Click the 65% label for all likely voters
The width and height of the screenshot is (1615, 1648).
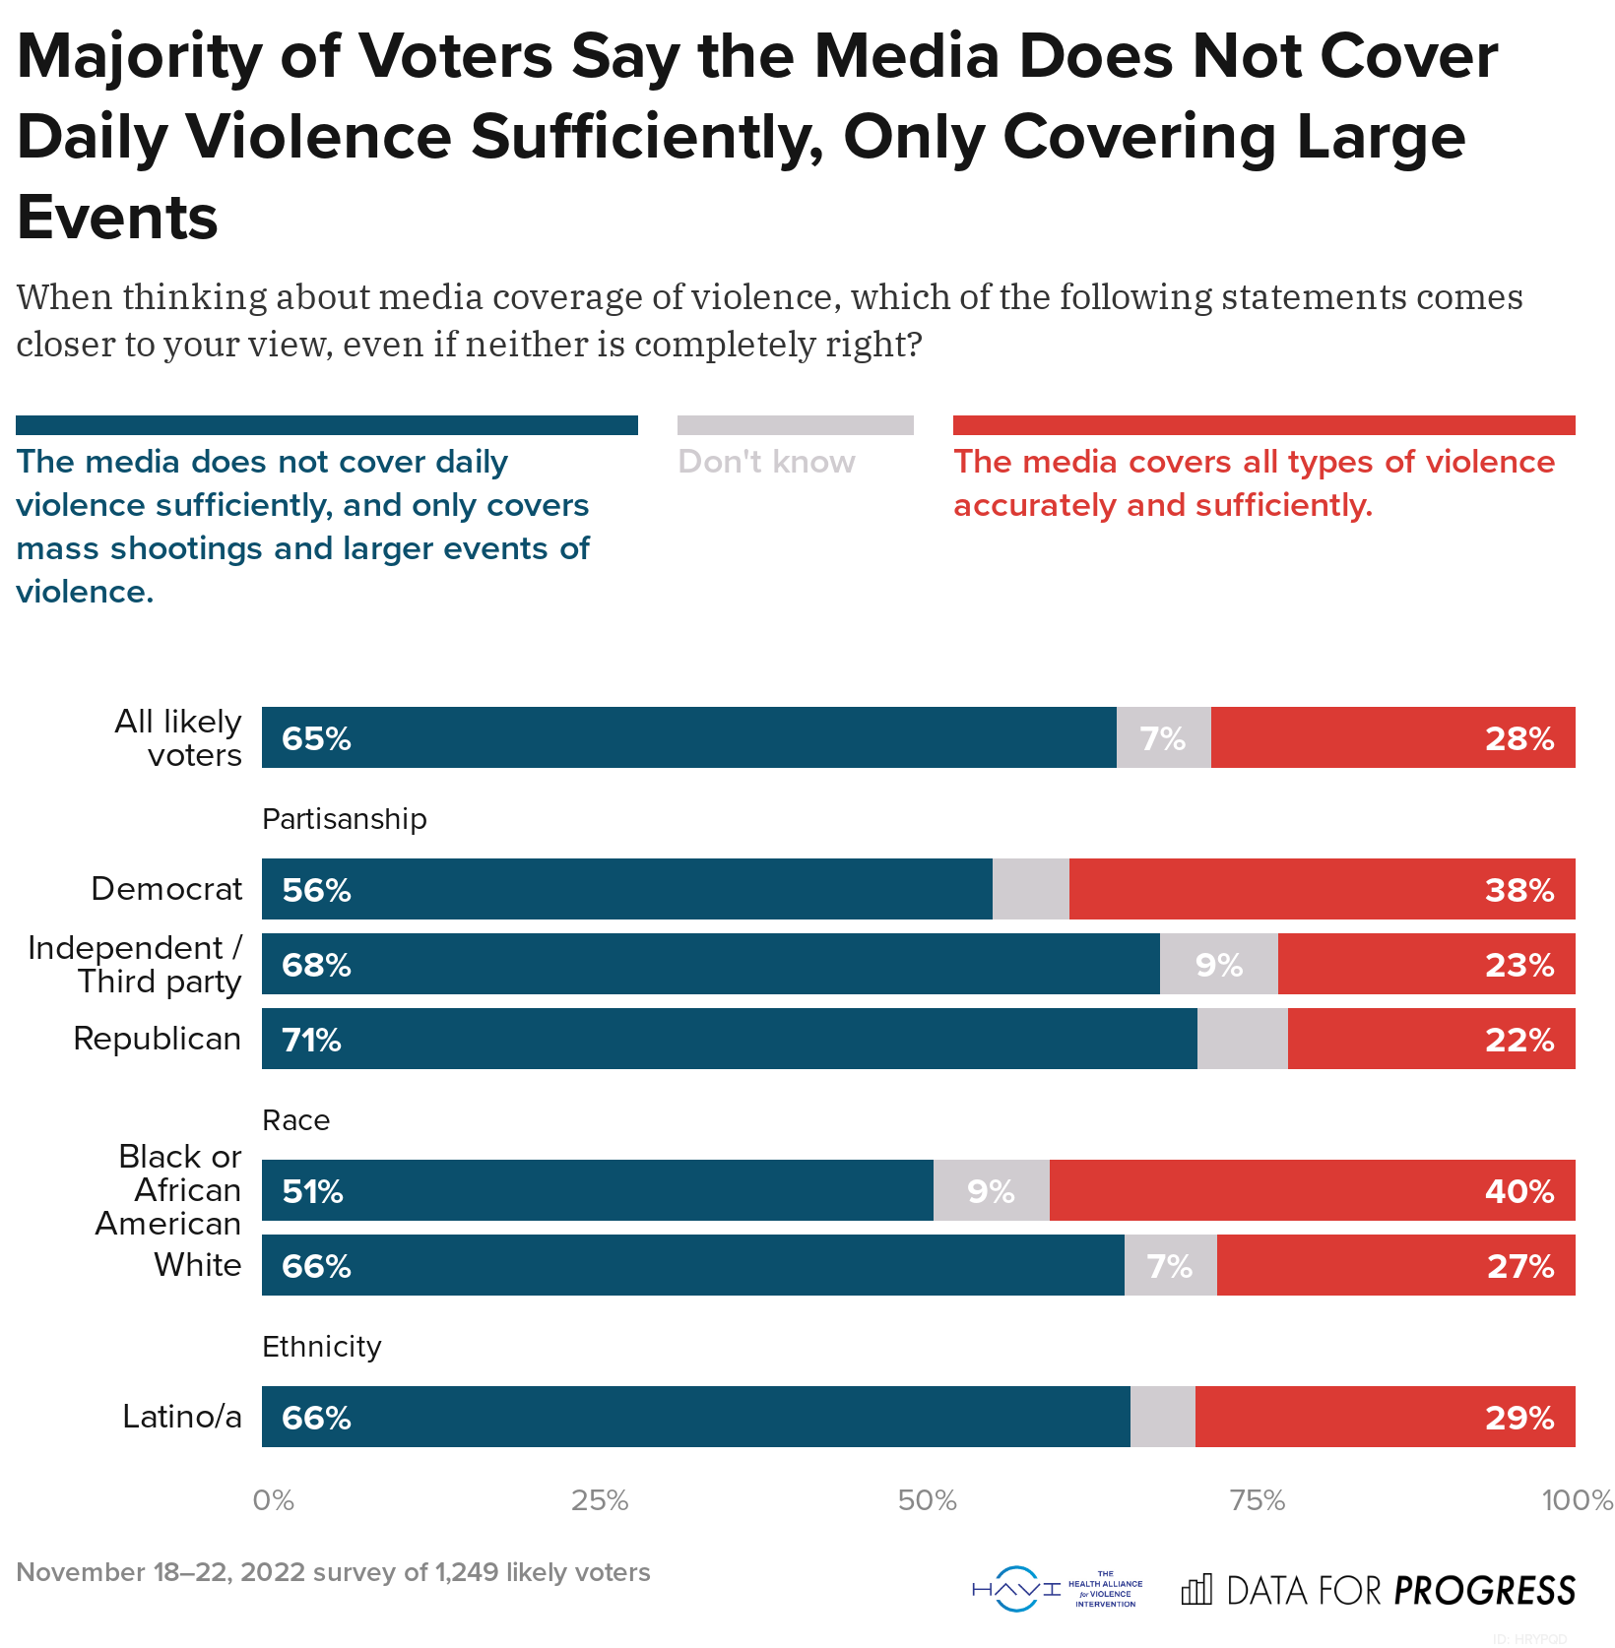tap(316, 738)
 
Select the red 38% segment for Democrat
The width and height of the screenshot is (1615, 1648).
tap(1322, 889)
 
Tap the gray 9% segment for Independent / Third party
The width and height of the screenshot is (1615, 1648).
tap(1218, 965)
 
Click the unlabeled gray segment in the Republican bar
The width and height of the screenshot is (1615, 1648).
tap(1242, 1040)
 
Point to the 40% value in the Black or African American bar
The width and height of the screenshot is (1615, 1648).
tap(1518, 1191)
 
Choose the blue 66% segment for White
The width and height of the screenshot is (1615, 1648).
tap(692, 1266)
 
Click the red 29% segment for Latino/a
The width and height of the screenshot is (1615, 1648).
tap(1385, 1418)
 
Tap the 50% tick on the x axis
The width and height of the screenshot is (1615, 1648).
tap(927, 1500)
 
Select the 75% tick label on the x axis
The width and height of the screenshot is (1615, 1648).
tap(1258, 1500)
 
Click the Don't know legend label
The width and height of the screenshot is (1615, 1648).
tap(766, 462)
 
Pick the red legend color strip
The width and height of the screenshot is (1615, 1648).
tap(1263, 425)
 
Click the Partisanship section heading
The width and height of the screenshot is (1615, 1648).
tap(344, 819)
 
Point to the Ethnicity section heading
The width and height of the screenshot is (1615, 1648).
tap(321, 1347)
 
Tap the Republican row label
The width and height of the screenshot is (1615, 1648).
tap(157, 1039)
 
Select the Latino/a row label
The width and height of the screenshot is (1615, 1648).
tap(181, 1417)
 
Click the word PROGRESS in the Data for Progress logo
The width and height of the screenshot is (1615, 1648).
tap(1484, 1591)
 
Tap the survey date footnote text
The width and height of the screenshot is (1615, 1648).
tap(333, 1572)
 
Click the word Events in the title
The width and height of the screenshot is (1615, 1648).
tap(117, 218)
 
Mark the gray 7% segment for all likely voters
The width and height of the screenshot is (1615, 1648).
tap(1163, 738)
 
